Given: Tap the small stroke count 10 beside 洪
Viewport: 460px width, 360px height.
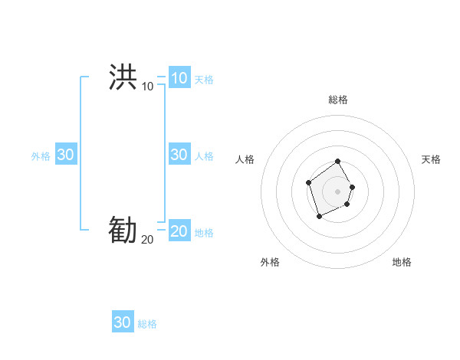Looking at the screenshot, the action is tap(147, 86).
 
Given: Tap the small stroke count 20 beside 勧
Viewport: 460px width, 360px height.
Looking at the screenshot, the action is tap(147, 239).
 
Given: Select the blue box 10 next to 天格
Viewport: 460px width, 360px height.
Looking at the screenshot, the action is tap(179, 78).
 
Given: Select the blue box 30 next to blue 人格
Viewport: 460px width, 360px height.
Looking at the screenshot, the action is tap(179, 155).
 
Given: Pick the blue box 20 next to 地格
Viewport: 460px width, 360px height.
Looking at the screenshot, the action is tap(179, 231).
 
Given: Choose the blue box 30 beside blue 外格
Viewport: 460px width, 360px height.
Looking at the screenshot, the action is tap(65, 155).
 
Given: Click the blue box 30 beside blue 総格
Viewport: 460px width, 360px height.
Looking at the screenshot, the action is tap(123, 322).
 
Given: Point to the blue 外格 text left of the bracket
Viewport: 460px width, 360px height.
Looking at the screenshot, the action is tap(41, 155).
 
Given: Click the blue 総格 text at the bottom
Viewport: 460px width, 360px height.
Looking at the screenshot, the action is tap(147, 324).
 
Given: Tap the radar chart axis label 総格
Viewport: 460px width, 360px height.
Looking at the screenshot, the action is tap(338, 100).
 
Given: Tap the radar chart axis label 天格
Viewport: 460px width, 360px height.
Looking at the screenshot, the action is tap(431, 159).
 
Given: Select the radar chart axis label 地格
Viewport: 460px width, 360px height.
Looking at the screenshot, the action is tap(402, 262).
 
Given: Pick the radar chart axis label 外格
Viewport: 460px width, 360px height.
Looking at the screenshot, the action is tap(270, 262).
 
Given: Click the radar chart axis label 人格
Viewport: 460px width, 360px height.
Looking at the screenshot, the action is tap(245, 159).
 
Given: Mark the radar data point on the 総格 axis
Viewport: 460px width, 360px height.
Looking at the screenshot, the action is tap(338, 162).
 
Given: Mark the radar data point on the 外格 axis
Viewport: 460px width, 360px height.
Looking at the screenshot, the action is tap(320, 217).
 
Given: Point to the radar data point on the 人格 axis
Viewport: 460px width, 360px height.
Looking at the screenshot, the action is tap(308, 182).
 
